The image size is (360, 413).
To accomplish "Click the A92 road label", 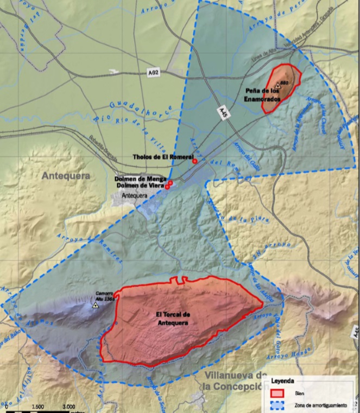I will pyautogui.click(x=155, y=72).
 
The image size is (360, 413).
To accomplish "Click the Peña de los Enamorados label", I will pyautogui.click(x=260, y=97).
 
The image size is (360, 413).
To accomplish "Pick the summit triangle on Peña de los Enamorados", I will pyautogui.click(x=277, y=85).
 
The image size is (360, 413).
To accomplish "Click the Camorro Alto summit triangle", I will pyautogui.click(x=96, y=306).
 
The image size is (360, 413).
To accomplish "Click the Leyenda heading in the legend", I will pyautogui.click(x=283, y=382).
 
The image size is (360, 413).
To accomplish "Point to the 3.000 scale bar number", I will pyautogui.click(x=69, y=406).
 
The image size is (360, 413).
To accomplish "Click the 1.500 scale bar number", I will pyautogui.click(x=38, y=406).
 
